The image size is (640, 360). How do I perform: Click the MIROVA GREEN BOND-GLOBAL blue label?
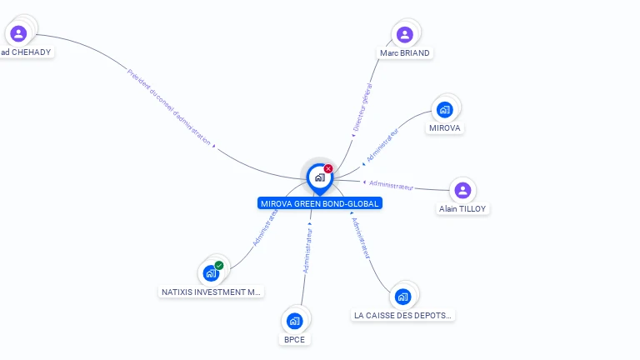coord(320,203)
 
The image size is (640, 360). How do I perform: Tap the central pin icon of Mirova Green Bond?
coord(319,177)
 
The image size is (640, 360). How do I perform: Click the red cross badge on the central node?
coord(328,169)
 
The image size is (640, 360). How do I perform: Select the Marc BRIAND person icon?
coord(405,34)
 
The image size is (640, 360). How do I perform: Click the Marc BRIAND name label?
coord(405,52)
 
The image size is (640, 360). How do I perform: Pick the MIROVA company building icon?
coord(445,109)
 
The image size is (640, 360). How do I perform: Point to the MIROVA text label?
coord(445,128)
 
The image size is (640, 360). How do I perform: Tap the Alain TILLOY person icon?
coord(463,190)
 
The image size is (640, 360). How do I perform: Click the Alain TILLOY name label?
coord(462,209)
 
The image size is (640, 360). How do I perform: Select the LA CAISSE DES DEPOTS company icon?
coord(403,296)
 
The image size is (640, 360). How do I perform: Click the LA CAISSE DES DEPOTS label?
coord(402,315)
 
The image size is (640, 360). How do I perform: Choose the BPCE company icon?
coord(294,320)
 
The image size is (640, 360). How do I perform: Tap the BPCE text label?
coord(294,339)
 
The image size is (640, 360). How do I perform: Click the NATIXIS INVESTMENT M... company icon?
coord(211,272)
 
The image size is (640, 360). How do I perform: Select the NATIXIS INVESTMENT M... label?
coord(212,292)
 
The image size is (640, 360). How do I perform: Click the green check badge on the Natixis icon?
coord(219,266)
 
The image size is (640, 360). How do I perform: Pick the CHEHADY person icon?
coord(18,33)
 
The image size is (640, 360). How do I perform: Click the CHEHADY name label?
coord(26,52)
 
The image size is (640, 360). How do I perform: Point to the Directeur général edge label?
coord(362,107)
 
